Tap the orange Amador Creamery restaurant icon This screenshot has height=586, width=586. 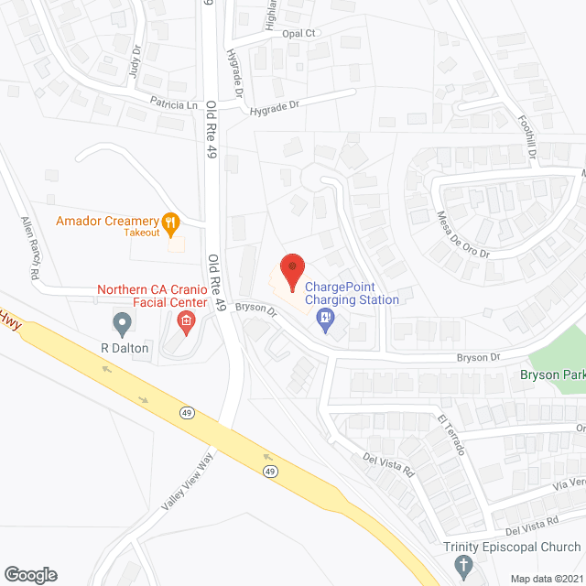(169, 221)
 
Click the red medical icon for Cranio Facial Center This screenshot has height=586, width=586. (186, 320)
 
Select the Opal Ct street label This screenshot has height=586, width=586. (298, 33)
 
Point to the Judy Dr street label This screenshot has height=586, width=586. (136, 64)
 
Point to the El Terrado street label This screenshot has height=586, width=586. (450, 435)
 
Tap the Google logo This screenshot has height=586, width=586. (31, 574)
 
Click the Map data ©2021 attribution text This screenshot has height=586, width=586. (545, 579)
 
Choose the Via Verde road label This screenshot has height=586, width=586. (567, 483)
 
